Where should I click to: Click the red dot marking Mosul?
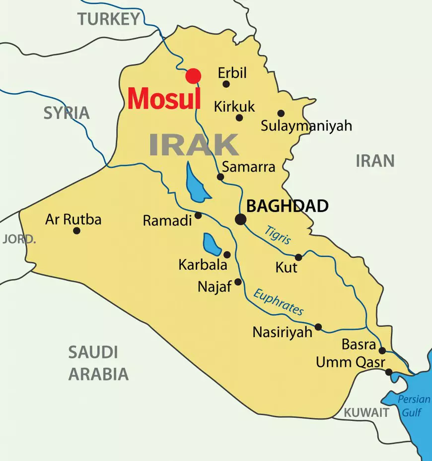pyautogui.click(x=193, y=76)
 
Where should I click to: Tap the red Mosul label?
pyautogui.click(x=164, y=99)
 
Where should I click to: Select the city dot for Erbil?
pyautogui.click(x=226, y=84)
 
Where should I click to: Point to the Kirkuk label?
pyautogui.click(x=234, y=106)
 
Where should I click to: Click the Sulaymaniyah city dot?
pyautogui.click(x=281, y=113)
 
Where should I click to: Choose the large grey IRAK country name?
pyautogui.click(x=194, y=144)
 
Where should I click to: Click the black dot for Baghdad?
pyautogui.click(x=241, y=219)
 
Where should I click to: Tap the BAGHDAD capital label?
pyautogui.click(x=288, y=206)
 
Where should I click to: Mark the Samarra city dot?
pyautogui.click(x=220, y=176)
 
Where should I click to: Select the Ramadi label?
pyautogui.click(x=167, y=221)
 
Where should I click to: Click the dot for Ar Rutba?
pyautogui.click(x=76, y=230)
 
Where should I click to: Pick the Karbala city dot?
pyautogui.click(x=227, y=254)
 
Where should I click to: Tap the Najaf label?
pyautogui.click(x=215, y=287)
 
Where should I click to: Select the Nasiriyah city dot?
pyautogui.click(x=318, y=327)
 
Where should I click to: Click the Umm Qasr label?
pyautogui.click(x=351, y=362)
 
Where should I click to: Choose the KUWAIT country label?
pyautogui.click(x=366, y=412)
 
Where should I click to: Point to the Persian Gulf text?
pyautogui.click(x=412, y=405)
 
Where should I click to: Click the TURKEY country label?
pyautogui.click(x=109, y=19)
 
